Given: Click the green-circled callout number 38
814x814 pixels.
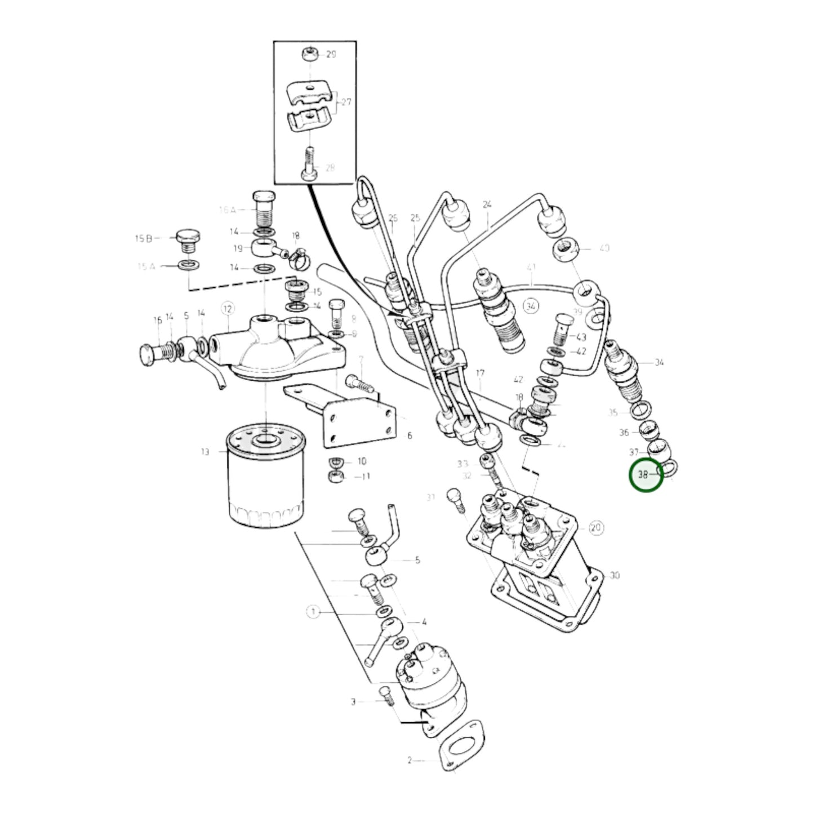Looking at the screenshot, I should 644,475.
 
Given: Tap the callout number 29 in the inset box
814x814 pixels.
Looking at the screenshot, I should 331,55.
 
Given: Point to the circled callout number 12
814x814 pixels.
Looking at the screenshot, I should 227,308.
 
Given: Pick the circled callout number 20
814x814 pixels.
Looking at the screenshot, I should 596,528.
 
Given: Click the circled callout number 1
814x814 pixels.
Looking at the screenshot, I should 313,611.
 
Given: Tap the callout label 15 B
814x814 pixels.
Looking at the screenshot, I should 143,238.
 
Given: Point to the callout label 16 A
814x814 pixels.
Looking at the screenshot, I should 227,210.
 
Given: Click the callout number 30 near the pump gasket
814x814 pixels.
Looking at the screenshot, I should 614,575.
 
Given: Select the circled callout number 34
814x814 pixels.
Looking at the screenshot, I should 530,306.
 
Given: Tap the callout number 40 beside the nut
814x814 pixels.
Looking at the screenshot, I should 604,248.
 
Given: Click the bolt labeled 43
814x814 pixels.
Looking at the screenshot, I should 563,330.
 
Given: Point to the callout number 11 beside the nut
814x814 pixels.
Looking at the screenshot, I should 366,477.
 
